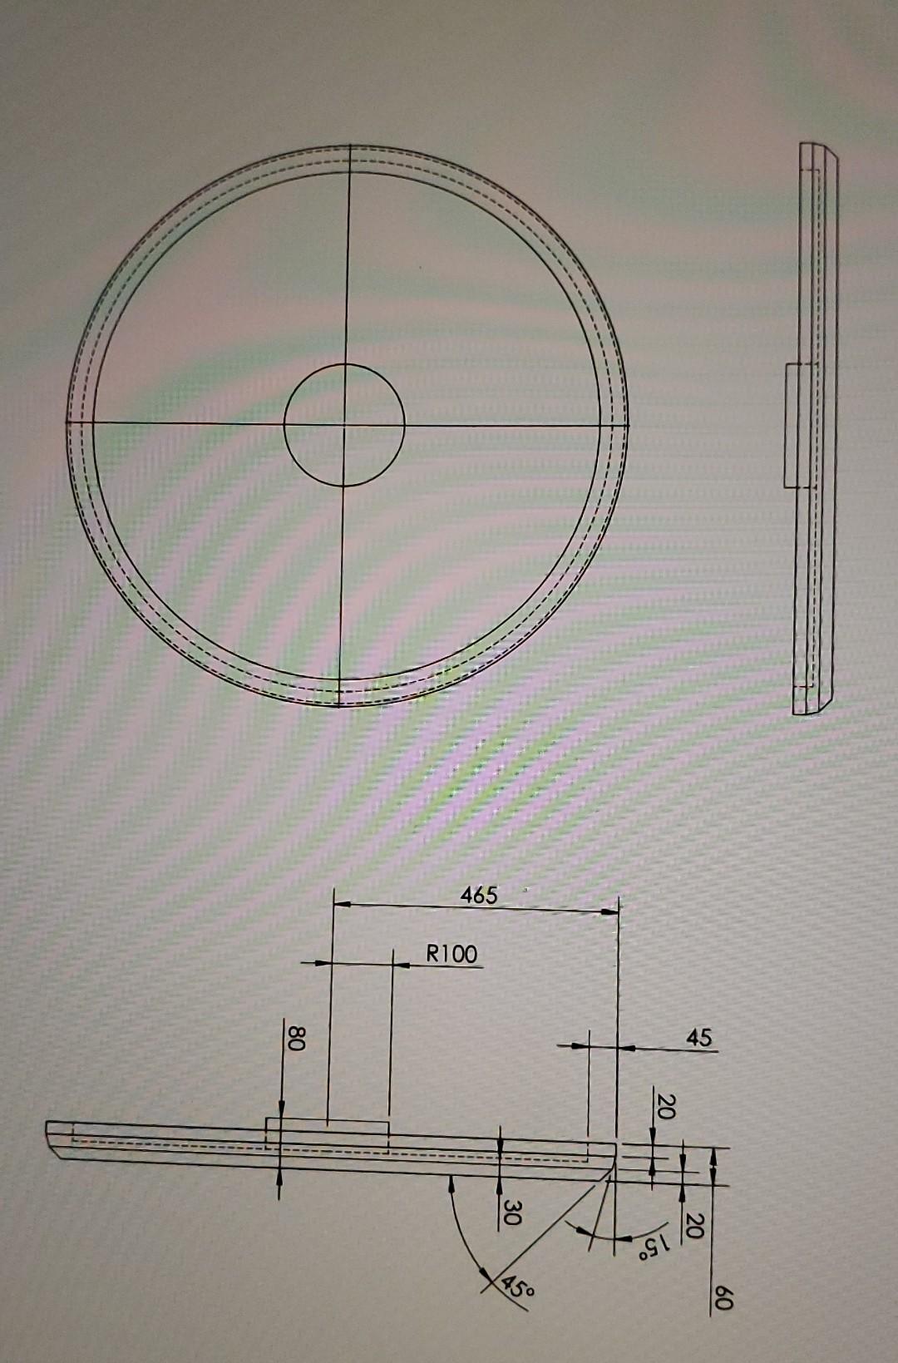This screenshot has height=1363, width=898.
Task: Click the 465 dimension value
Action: [x=479, y=895]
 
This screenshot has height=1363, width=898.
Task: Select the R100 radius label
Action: [x=452, y=954]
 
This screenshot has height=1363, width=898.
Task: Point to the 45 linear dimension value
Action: [x=699, y=1037]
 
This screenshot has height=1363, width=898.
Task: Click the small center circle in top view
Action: [x=344, y=366]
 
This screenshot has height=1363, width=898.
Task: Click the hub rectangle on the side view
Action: [x=791, y=424]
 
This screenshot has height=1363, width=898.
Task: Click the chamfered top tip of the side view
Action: [x=831, y=152]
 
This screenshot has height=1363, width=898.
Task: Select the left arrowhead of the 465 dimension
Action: [x=339, y=902]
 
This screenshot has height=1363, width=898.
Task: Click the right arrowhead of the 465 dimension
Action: [x=613, y=912]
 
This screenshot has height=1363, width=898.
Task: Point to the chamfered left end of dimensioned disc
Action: [x=54, y=1140]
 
